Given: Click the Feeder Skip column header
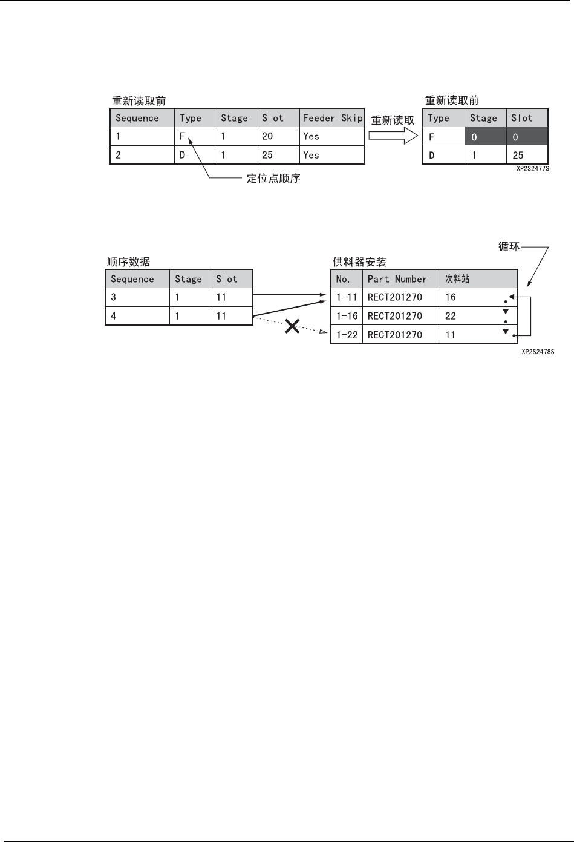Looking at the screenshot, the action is pyautogui.click(x=332, y=118).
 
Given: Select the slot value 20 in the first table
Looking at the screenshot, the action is pyautogui.click(x=267, y=136).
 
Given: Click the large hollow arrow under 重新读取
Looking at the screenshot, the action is pyautogui.click(x=393, y=136).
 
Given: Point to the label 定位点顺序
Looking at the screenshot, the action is pyautogui.click(x=273, y=179).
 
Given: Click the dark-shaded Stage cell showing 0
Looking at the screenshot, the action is pyautogui.click(x=484, y=137).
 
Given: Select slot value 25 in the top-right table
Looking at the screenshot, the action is pyautogui.click(x=518, y=156).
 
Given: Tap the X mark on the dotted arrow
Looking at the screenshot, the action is pyautogui.click(x=293, y=327).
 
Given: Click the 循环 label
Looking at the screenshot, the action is pyautogui.click(x=509, y=247).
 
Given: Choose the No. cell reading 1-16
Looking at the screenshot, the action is pyautogui.click(x=347, y=316).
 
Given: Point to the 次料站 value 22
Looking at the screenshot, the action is pyautogui.click(x=451, y=316).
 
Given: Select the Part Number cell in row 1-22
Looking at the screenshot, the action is pyautogui.click(x=395, y=335).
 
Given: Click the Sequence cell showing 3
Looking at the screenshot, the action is pyautogui.click(x=114, y=297).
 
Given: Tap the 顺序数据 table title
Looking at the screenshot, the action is pyautogui.click(x=128, y=262).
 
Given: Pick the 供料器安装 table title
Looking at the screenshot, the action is pyautogui.click(x=359, y=262).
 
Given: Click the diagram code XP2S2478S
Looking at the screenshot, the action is pyautogui.click(x=538, y=350).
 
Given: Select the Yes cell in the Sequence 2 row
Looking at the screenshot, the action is pyautogui.click(x=311, y=155).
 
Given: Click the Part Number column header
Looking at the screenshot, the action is pyautogui.click(x=397, y=279).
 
